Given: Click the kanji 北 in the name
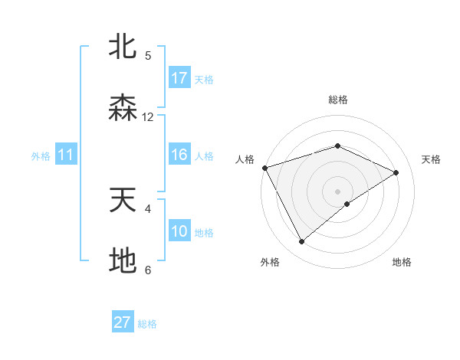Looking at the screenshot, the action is pos(123,47).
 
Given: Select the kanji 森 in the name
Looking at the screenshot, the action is pos(123,108).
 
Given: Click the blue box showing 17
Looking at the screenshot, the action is pos(179,78).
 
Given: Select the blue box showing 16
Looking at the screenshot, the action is pos(179,155).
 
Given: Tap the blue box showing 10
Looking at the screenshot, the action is pos(179,232).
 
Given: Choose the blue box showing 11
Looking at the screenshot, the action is pos(66,155).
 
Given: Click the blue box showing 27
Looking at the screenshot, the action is pos(123,322).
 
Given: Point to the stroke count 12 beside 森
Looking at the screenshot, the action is pos(148,117).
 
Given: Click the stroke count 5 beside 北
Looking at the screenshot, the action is pos(148,56).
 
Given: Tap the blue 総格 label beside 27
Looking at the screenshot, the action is pos(147,324).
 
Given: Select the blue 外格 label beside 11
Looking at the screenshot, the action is pos(41,156).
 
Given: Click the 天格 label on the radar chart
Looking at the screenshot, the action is pos(431,159).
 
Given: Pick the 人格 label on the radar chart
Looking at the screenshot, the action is pos(245,159).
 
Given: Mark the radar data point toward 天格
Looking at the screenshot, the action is pos(396,172).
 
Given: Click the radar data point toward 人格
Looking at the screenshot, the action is pos(264,168).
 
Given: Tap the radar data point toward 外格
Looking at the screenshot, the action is pos(302,242).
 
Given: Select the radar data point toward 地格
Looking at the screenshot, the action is pos(347,204).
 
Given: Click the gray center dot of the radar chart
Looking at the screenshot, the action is pos(337,191).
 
